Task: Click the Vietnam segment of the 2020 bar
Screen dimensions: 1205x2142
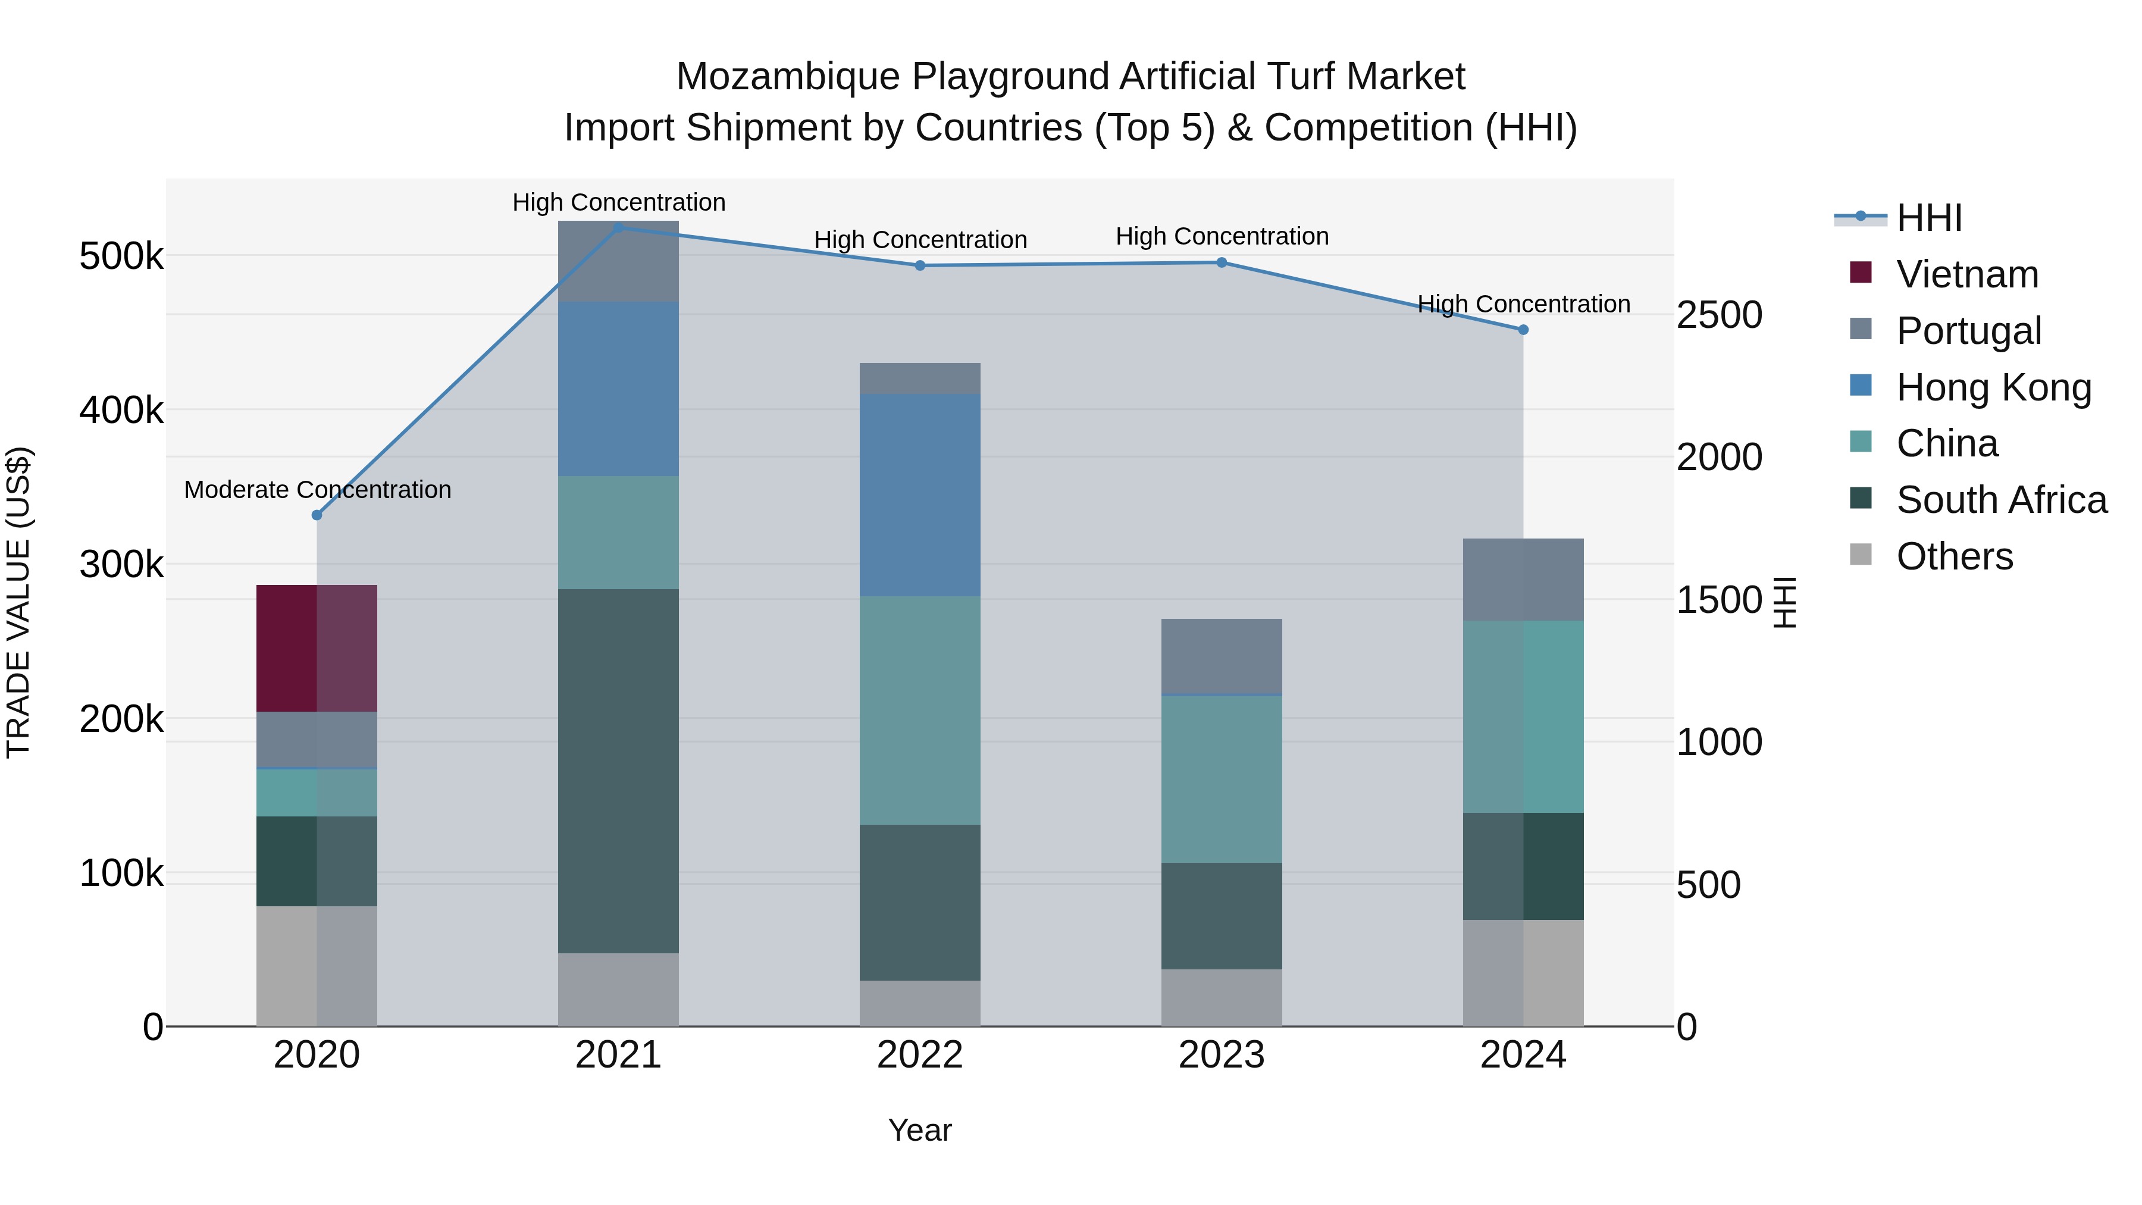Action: click(316, 648)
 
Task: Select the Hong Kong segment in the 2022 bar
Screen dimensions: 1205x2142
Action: click(920, 495)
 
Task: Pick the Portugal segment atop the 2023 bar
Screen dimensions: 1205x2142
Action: click(1222, 656)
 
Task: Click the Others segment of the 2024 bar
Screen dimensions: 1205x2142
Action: click(1523, 972)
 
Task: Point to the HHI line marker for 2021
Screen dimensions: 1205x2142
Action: click(618, 228)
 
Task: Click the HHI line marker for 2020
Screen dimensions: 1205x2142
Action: click(317, 515)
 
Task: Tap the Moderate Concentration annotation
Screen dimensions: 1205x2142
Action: click(318, 490)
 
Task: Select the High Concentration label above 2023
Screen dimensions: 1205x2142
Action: click(1222, 236)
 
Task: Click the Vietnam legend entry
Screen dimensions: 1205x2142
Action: click(1966, 274)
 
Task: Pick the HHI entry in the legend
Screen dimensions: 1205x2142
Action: click(1928, 218)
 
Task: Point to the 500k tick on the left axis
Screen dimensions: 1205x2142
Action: click(121, 256)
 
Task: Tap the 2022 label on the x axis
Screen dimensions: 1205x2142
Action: click(920, 1055)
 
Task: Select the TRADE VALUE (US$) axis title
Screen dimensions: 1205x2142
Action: click(18, 602)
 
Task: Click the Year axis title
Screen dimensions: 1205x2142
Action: click(920, 1130)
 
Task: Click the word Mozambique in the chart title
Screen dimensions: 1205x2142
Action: click(787, 77)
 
